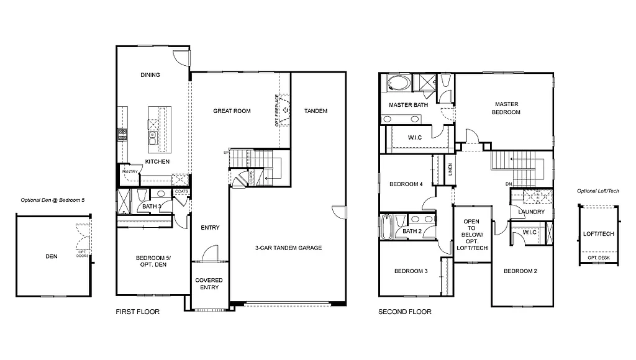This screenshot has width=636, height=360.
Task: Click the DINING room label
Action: point(150,75)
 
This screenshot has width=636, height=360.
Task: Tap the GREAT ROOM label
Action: point(232,111)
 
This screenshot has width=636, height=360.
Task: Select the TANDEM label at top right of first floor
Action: point(316,111)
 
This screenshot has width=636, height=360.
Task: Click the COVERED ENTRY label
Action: point(209,284)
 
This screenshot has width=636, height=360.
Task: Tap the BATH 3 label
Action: point(152,207)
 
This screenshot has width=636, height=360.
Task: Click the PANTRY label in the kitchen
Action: point(130,171)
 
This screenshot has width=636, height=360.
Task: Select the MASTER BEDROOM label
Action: point(507,108)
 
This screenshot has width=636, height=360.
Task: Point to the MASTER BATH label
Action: point(409,105)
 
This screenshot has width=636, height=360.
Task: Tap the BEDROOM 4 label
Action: point(406,184)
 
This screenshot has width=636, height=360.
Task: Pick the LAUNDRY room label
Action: point(531,212)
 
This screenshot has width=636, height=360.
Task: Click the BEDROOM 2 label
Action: point(520,271)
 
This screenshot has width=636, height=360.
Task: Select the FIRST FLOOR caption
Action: point(138,312)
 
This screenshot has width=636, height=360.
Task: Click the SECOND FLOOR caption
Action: point(405,312)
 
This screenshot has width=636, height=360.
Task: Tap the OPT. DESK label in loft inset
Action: point(599,258)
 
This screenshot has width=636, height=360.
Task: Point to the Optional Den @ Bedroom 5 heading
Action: point(52,200)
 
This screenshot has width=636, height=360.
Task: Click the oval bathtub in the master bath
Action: point(396,83)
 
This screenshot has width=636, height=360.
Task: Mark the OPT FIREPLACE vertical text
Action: point(277,110)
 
